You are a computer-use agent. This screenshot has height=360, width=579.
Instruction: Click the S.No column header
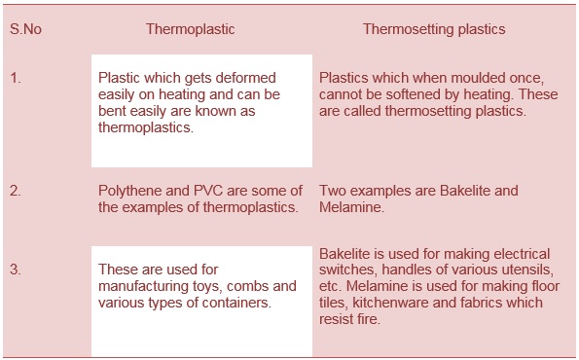(25, 29)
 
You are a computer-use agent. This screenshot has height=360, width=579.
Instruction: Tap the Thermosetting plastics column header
(434, 29)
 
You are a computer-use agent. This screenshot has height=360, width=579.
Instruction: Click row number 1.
(16, 78)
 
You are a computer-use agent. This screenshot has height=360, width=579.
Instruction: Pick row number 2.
(16, 191)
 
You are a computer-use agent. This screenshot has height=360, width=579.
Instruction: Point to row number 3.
(16, 269)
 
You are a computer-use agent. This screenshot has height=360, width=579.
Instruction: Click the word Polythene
(128, 191)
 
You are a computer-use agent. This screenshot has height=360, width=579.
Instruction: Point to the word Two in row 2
(332, 191)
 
